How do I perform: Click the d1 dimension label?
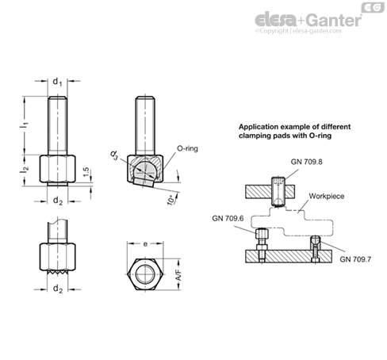[57, 82]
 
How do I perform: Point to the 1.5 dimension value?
[86, 172]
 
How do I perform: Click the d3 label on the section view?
[114, 155]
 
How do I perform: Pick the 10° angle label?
[171, 200]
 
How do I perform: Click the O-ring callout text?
[187, 148]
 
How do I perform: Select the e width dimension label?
[145, 244]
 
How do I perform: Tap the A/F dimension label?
[179, 275]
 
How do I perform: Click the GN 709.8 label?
[307, 162]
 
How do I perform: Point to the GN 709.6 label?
[228, 218]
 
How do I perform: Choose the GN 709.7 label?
[355, 259]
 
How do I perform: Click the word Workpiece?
[327, 196]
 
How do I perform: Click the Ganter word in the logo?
[334, 20]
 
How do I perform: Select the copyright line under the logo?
[298, 31]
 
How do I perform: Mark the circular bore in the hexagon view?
[145, 274]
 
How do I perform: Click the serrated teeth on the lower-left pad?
[57, 272]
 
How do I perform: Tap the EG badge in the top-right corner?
[373, 7]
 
